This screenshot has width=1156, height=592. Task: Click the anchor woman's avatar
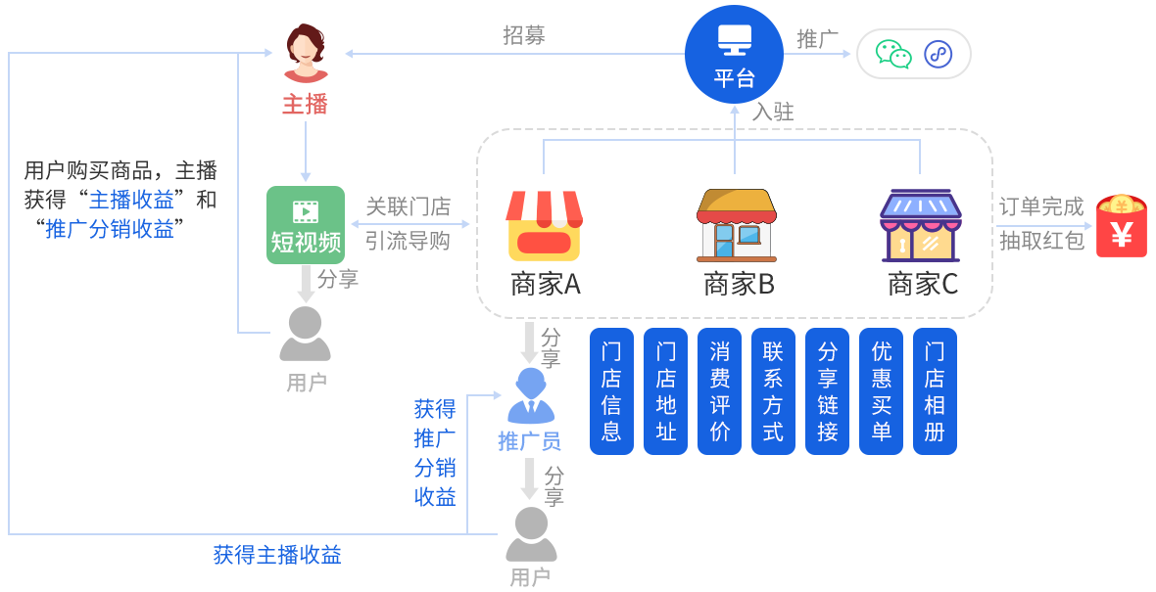(x=306, y=53)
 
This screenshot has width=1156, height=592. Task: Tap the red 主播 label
(x=305, y=104)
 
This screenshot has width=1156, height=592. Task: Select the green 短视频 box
(x=306, y=225)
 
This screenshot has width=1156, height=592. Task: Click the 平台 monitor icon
(x=734, y=40)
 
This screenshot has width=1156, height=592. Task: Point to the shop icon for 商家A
(x=544, y=226)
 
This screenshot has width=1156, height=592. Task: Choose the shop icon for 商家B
(x=737, y=226)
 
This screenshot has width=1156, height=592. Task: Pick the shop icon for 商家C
(x=921, y=226)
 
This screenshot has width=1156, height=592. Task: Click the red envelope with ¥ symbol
(x=1121, y=225)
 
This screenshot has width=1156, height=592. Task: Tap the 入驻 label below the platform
(x=772, y=112)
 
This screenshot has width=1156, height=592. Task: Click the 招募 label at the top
(x=524, y=35)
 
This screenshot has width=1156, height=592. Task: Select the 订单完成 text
(x=1042, y=207)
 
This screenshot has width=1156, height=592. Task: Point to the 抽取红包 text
(x=1042, y=241)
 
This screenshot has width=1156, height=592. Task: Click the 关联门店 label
(x=408, y=207)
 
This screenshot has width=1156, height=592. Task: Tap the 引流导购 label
(x=408, y=241)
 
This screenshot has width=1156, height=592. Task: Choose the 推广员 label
(x=529, y=441)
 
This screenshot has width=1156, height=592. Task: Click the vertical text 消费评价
(x=720, y=391)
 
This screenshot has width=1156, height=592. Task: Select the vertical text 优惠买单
(x=882, y=391)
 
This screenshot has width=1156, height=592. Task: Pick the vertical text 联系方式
(x=773, y=391)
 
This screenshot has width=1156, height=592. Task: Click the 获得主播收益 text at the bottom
(x=277, y=555)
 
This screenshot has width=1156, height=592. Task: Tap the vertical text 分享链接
(x=828, y=391)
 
